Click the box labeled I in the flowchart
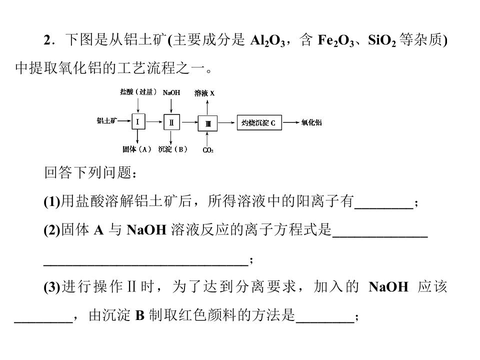138,121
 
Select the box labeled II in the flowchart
171,122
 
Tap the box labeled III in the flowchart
207,123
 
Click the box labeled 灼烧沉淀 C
259,122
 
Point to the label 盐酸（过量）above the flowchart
138,92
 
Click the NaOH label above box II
171,92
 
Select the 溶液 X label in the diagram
204,93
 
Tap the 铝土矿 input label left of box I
107,120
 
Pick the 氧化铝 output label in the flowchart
311,122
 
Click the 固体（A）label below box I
137,149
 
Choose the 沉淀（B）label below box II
173,149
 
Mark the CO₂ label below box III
208,150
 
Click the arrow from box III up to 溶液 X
207,108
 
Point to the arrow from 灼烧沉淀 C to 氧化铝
291,122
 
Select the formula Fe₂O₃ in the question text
336,40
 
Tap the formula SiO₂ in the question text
382,40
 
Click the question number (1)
52,201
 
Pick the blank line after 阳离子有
384,208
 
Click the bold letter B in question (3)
139,315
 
